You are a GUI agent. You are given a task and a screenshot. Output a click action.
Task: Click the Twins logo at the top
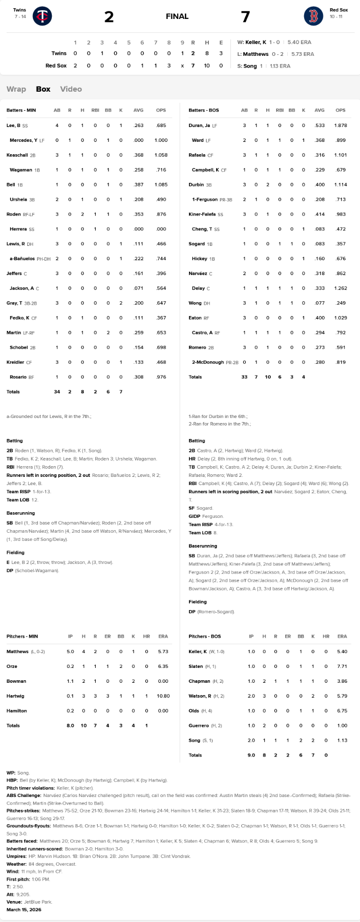[42, 16]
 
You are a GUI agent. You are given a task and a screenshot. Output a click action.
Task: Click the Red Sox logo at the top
[313, 16]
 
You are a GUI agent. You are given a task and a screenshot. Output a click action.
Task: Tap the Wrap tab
[16, 89]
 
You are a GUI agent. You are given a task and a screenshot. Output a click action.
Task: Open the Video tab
[71, 89]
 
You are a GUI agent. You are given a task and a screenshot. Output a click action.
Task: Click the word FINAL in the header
[177, 16]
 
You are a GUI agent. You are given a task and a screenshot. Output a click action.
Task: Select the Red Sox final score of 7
[245, 17]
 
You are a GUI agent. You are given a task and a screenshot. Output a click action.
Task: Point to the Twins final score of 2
[109, 17]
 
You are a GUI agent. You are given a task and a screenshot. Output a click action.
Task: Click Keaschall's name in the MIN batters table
[17, 155]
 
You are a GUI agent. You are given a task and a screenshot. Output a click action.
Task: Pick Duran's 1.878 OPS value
[341, 125]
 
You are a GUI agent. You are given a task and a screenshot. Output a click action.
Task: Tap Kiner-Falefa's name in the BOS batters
[202, 214]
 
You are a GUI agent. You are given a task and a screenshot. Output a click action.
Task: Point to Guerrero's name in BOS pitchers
[199, 726]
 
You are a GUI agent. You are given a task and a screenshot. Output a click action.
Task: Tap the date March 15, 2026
[24, 910]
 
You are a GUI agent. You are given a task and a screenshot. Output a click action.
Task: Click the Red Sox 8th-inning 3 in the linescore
[169, 66]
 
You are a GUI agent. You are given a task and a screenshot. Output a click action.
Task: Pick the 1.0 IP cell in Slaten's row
[251, 666]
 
